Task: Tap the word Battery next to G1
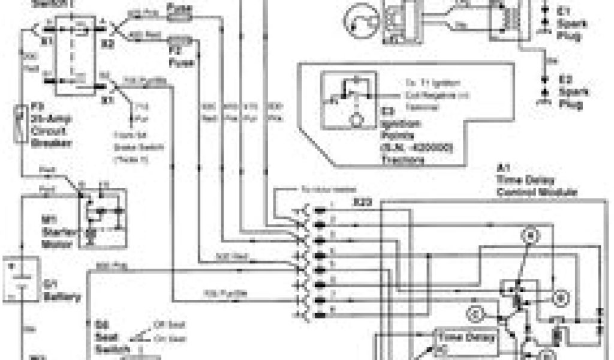(63, 296)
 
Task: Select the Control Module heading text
(536, 193)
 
